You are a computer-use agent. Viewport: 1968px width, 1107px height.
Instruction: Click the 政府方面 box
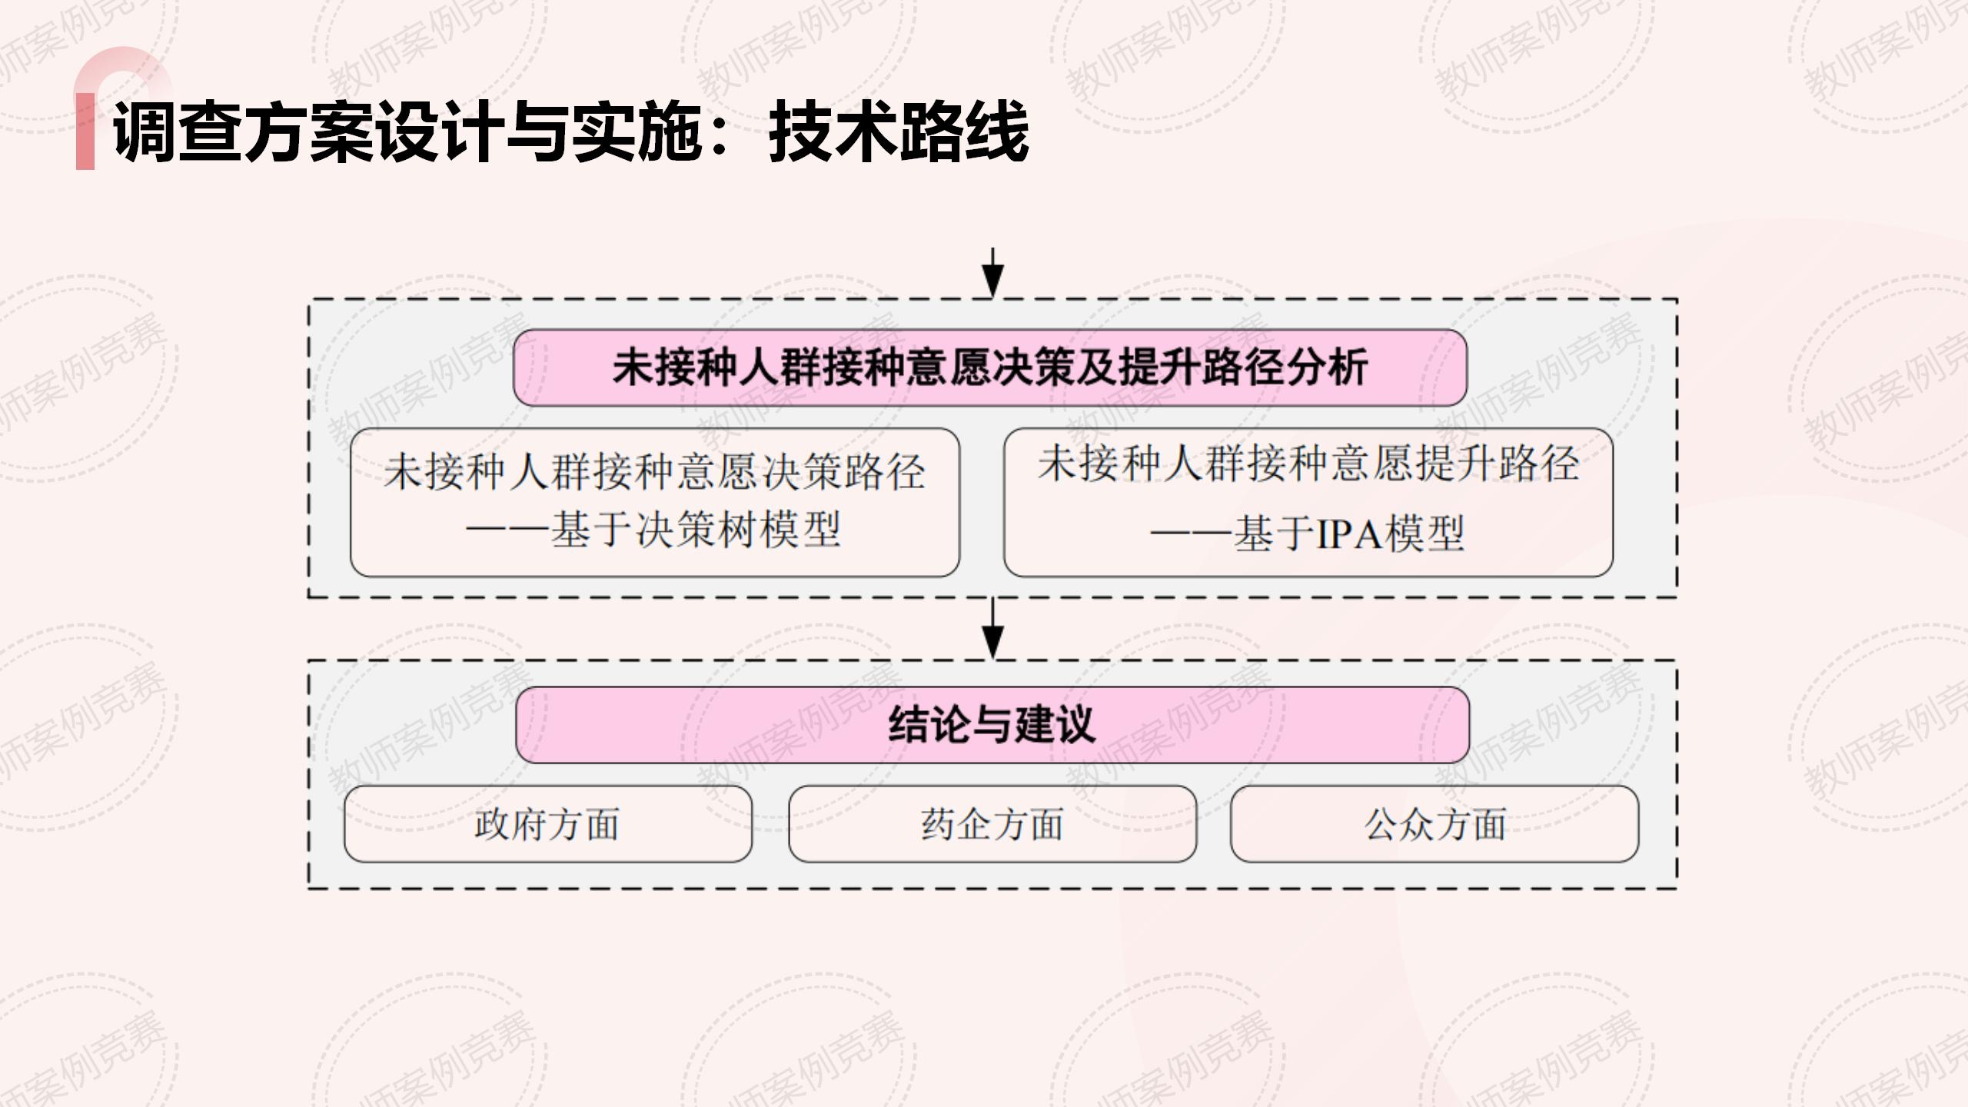click(x=547, y=824)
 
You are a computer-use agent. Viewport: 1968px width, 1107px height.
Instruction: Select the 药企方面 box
click(x=992, y=824)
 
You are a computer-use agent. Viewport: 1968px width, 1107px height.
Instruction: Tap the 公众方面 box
click(x=1434, y=824)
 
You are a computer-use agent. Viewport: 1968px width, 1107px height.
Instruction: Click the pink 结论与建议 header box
click(x=992, y=725)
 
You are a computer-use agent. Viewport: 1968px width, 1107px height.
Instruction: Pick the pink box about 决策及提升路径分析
click(x=990, y=367)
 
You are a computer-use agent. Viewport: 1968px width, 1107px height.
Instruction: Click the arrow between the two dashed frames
click(x=993, y=629)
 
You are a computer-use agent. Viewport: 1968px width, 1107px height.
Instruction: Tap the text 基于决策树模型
click(x=696, y=530)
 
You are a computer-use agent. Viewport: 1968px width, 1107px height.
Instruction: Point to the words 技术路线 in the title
click(x=898, y=132)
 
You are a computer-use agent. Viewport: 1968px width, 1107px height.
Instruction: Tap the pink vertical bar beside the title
click(x=85, y=131)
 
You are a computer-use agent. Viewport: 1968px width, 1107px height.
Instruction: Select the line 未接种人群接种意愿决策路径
click(x=655, y=471)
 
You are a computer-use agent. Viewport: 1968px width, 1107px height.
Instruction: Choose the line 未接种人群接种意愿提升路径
click(x=1308, y=464)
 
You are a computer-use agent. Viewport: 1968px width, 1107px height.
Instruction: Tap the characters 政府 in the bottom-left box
click(x=510, y=824)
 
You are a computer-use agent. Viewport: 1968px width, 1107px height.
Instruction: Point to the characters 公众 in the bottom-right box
click(x=1399, y=824)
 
